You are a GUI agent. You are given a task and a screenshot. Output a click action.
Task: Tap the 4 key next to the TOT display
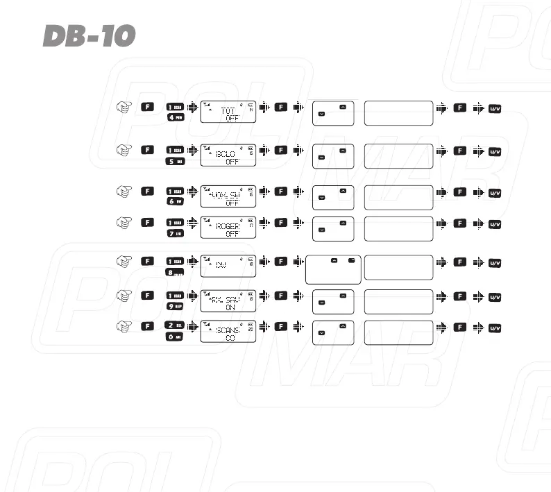175,117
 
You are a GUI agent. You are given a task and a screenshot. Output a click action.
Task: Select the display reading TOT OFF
228,112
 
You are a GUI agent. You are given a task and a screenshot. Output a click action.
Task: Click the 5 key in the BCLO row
175,161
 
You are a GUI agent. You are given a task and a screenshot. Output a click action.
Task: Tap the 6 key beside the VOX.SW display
175,201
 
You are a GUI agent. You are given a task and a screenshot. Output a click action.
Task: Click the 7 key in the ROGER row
175,233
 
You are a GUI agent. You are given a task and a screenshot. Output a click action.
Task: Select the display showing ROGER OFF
228,228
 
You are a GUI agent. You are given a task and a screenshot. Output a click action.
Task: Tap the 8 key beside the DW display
175,272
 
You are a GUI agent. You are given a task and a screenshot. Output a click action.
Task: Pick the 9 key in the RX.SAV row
175,305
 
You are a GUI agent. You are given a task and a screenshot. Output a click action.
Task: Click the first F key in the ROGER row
146,222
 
